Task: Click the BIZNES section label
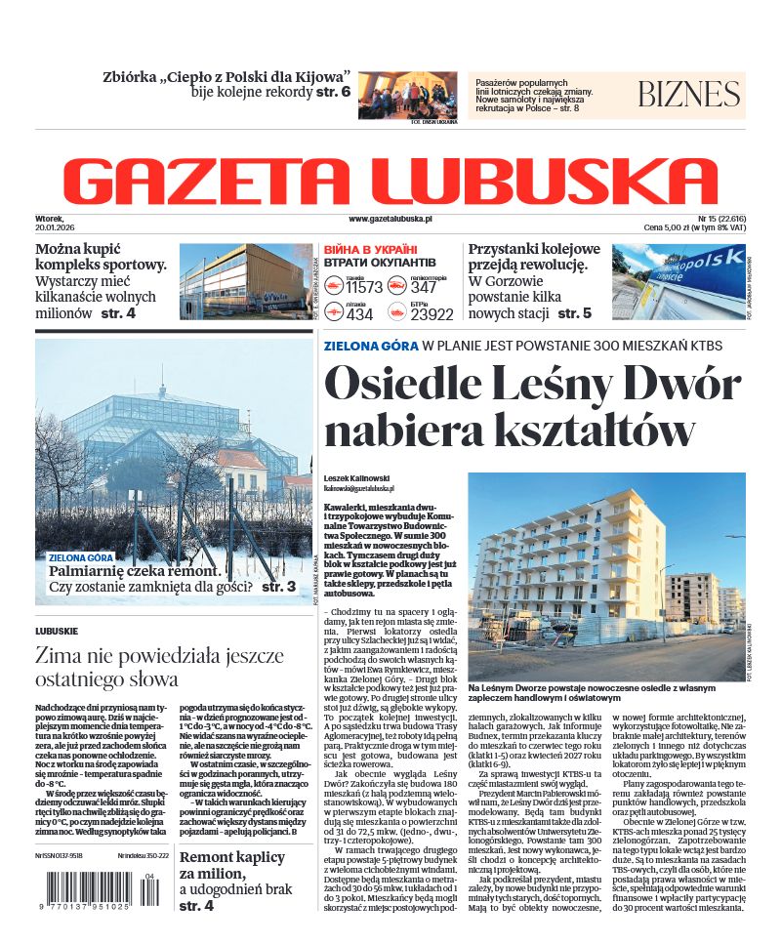point(688,95)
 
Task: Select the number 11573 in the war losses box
point(364,287)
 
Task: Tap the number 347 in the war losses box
point(424,287)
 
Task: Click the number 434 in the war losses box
point(359,314)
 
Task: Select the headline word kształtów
point(603,430)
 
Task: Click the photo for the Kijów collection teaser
point(406,95)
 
